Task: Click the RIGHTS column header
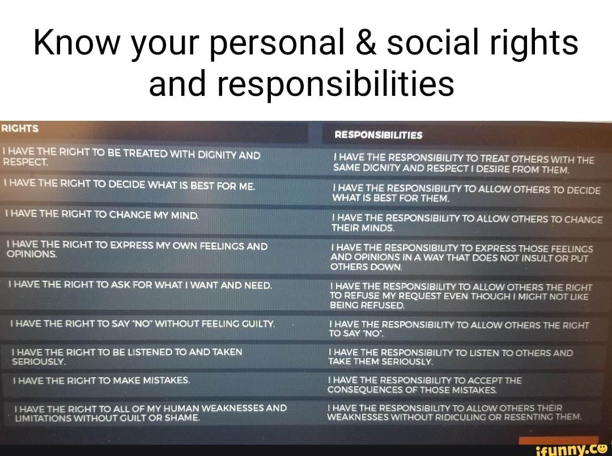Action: pos(20,128)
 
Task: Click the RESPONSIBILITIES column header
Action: pos(378,136)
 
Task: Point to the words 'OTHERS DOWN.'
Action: pos(366,267)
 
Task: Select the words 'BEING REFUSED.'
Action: pos(367,305)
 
